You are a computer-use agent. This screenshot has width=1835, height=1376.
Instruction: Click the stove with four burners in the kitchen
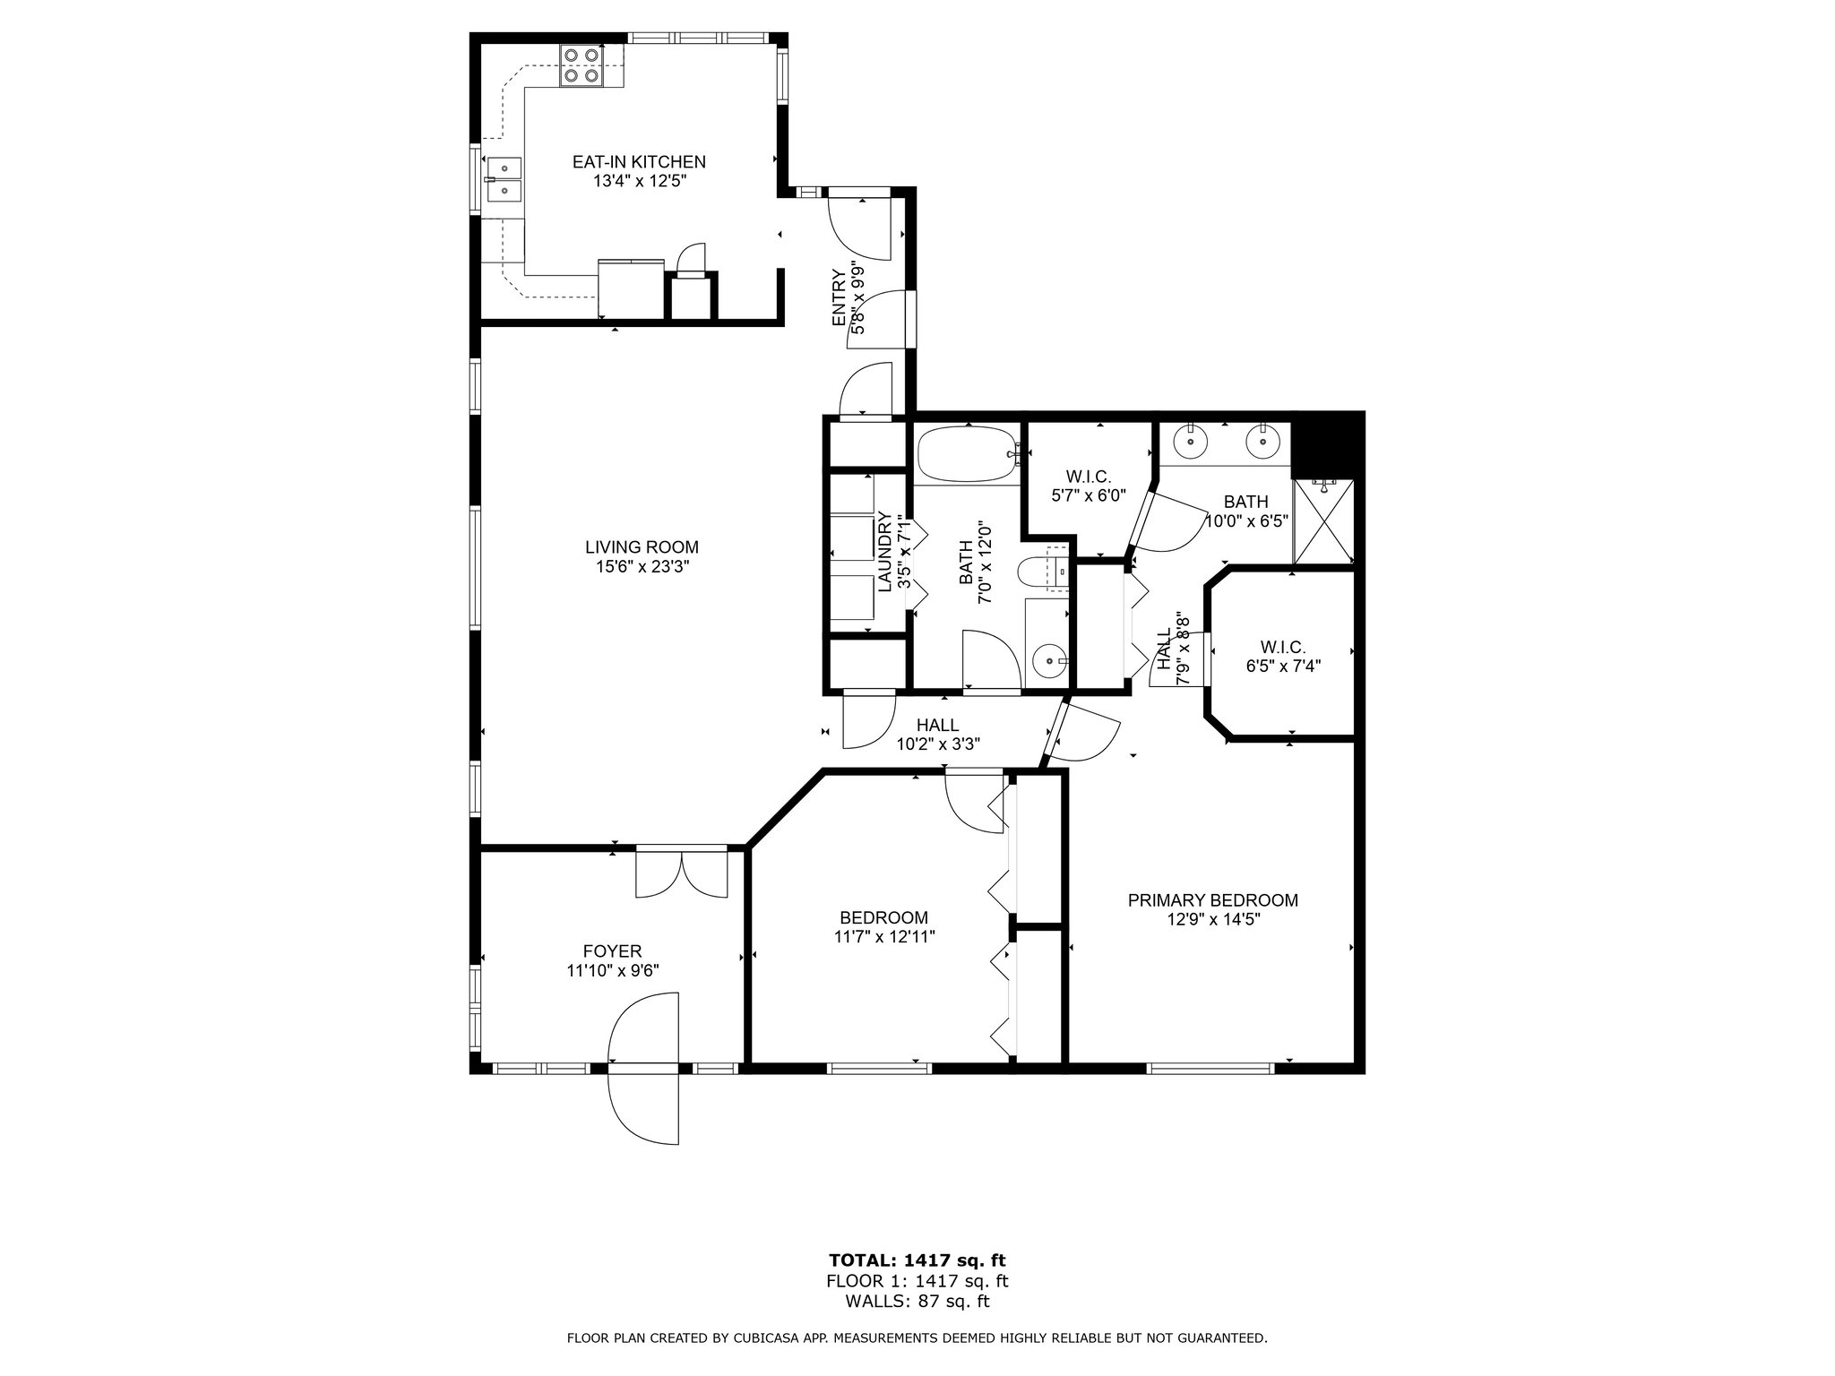(581, 65)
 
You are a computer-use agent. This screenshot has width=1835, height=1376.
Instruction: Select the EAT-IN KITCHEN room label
(639, 162)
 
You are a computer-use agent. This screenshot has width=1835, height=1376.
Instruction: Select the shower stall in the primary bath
(1323, 521)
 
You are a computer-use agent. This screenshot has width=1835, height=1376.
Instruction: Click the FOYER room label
(612, 951)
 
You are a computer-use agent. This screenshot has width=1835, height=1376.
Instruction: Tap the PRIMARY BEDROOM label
(1212, 900)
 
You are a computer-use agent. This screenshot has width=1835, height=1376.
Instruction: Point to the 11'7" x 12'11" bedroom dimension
(884, 936)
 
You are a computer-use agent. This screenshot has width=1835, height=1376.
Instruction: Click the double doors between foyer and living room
(682, 873)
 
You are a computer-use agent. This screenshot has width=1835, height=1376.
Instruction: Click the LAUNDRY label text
(884, 552)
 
